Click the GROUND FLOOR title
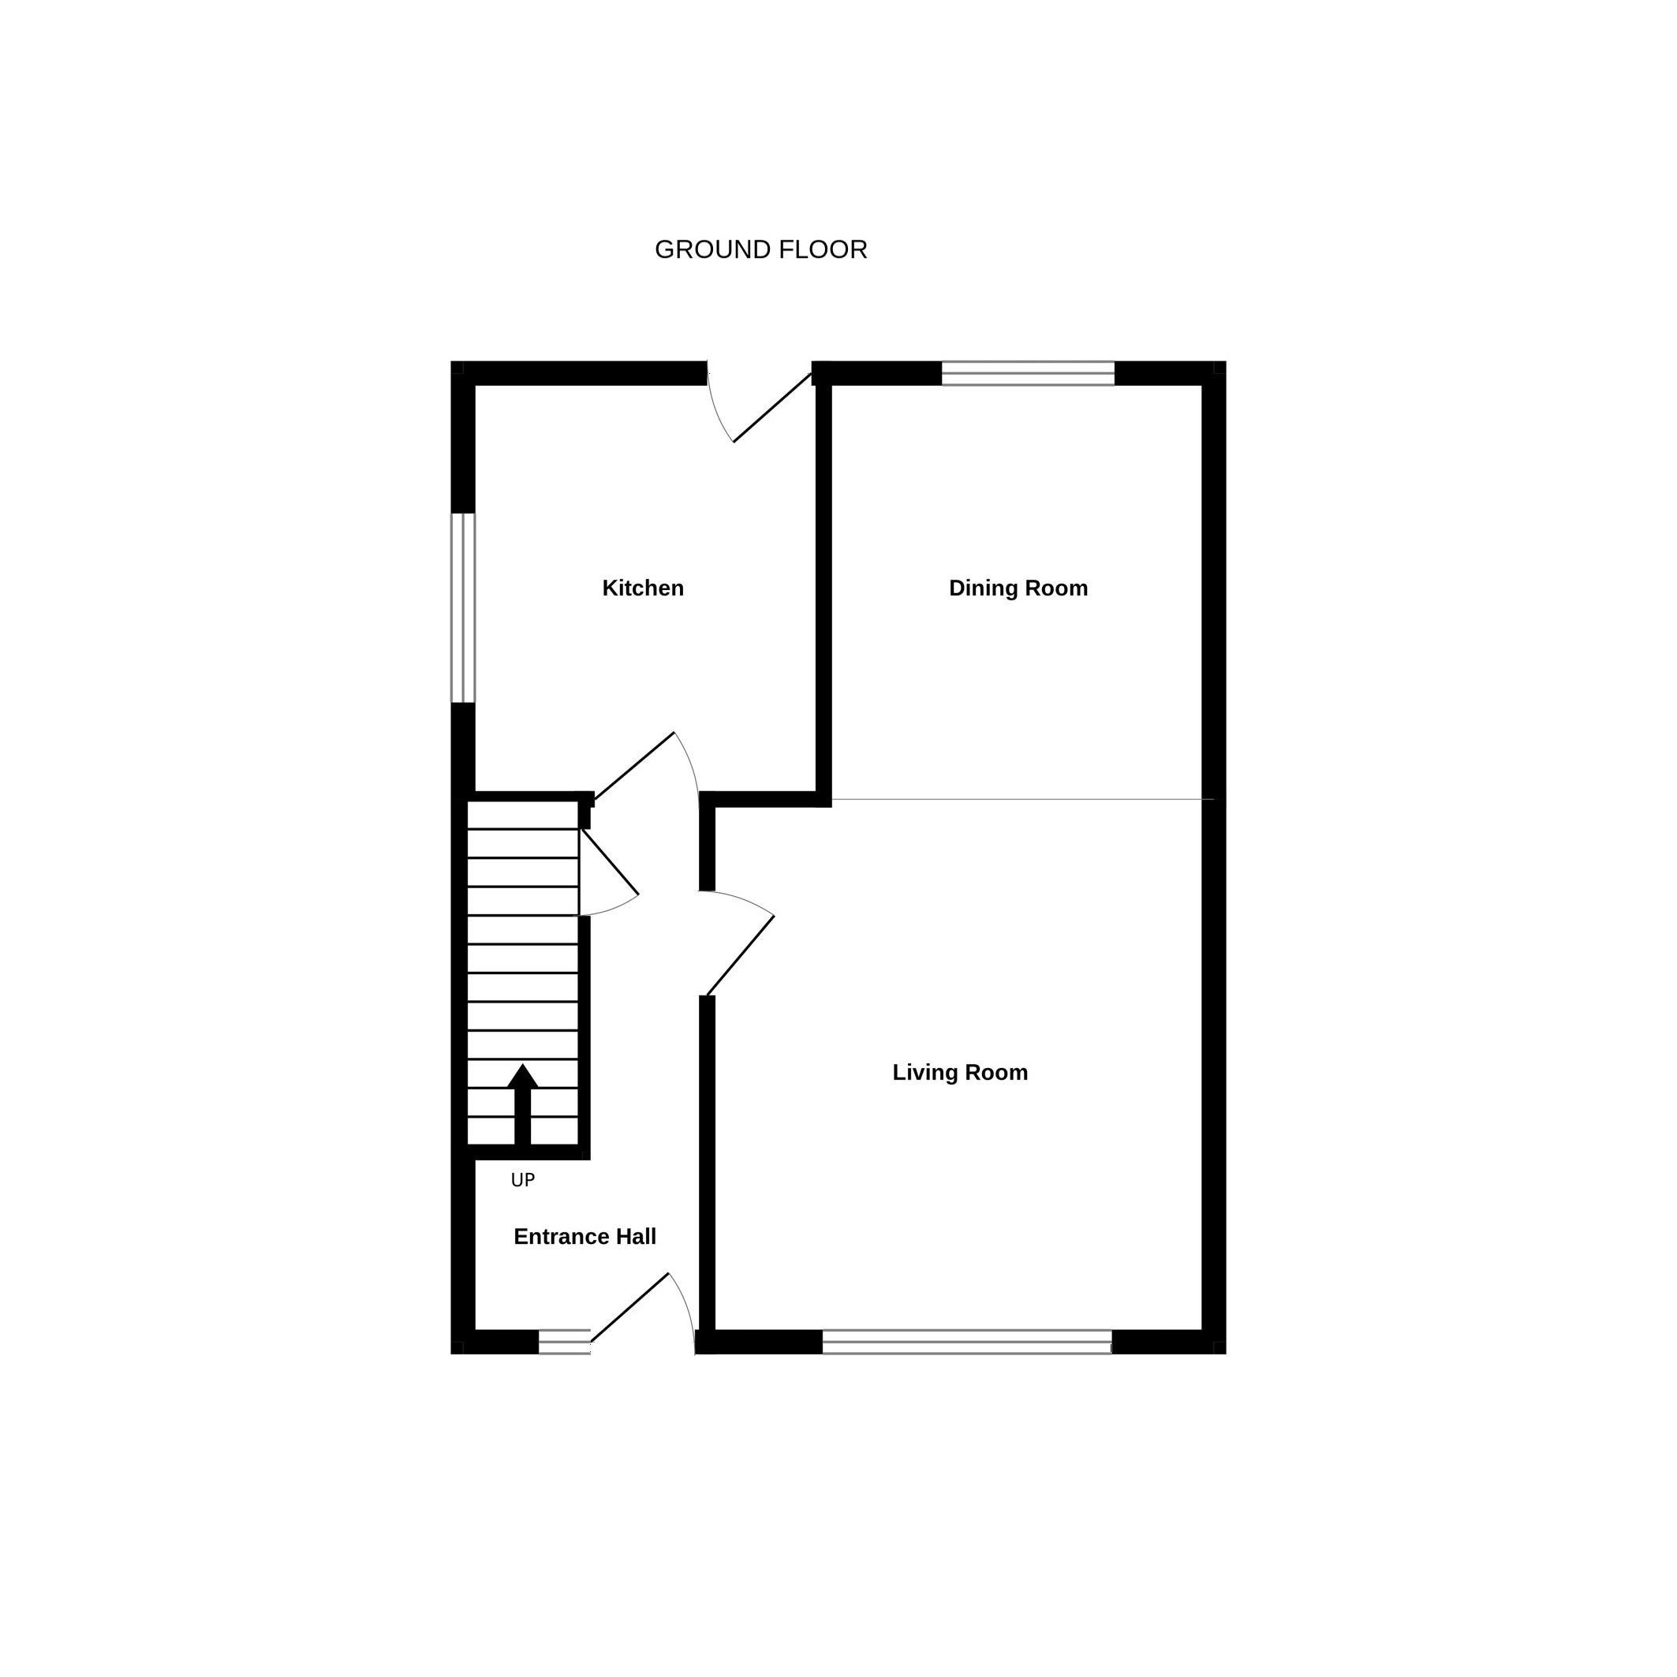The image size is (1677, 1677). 760,250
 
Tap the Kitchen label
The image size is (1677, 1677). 643,588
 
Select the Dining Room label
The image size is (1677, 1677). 1018,588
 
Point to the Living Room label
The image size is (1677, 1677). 960,1073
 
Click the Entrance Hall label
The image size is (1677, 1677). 585,1237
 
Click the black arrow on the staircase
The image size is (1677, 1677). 522,1104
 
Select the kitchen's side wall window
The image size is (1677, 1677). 463,607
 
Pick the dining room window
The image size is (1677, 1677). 1028,373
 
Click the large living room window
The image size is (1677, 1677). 967,1342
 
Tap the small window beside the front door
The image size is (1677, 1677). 564,1342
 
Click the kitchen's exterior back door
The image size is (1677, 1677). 772,408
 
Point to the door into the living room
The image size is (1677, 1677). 741,956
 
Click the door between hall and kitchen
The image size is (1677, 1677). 634,766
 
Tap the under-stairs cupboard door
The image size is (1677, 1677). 611,862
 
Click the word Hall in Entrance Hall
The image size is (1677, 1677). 637,1237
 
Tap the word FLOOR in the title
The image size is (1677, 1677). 824,250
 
